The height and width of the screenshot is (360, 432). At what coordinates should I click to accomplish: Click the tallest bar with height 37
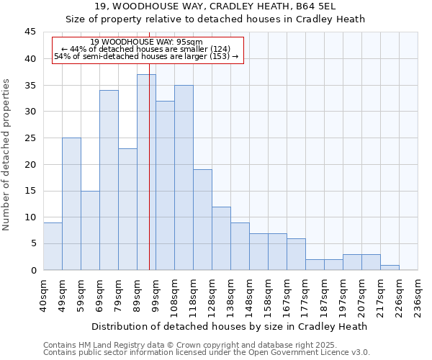(x=146, y=172)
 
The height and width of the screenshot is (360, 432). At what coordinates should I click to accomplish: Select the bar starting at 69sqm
(x=109, y=180)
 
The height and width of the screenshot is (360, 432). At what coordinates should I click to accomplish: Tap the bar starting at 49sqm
(x=71, y=204)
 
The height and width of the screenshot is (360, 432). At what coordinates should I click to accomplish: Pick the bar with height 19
(x=202, y=220)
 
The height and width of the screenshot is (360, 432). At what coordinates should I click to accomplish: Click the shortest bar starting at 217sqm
(x=390, y=267)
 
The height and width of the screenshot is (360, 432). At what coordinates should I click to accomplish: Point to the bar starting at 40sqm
(x=53, y=246)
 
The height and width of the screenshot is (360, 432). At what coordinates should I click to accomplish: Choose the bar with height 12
(x=221, y=238)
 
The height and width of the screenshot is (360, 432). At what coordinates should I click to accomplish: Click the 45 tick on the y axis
(x=30, y=32)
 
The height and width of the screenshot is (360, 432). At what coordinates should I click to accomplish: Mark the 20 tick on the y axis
(x=30, y=164)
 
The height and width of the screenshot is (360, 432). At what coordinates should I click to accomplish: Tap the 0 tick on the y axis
(x=33, y=270)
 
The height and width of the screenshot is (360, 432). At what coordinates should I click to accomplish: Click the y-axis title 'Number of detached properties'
(x=7, y=155)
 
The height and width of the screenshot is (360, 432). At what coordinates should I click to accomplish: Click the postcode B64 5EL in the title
(x=318, y=6)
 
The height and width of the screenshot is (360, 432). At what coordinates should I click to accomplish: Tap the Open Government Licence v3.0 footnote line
(x=207, y=352)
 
